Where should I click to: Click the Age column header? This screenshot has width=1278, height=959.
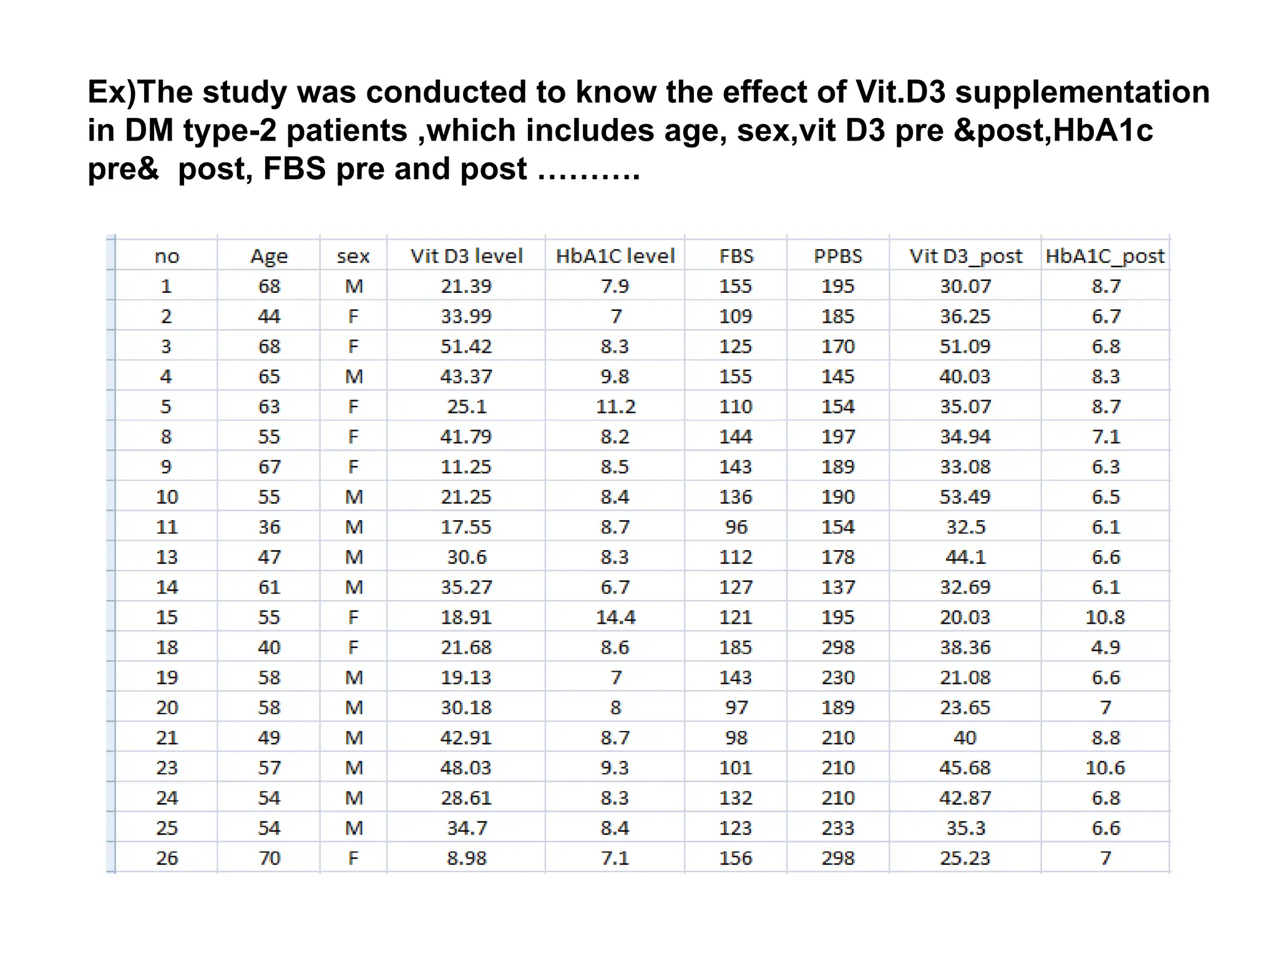pos(269,256)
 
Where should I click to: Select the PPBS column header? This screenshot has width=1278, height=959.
pos(838,256)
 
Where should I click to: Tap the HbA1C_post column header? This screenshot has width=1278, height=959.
pos(1105,256)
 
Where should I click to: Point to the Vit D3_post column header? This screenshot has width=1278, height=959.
pos(965,256)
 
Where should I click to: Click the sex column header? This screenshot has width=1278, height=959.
pos(353,256)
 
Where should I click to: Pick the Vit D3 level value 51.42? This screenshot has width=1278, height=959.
pos(466,347)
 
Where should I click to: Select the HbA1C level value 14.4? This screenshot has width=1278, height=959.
pos(615,617)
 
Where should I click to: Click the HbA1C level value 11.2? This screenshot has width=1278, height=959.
pos(615,406)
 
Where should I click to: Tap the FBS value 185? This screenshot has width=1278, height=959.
pos(736,647)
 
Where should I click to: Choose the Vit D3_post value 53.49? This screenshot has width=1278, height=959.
pos(965,497)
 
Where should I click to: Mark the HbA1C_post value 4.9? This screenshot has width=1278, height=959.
pos(1105,647)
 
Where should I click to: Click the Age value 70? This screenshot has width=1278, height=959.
pos(269,858)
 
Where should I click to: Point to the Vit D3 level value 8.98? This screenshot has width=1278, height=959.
pos(466,858)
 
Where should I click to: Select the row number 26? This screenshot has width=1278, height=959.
pos(167,858)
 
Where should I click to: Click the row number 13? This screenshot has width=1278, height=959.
pos(167,557)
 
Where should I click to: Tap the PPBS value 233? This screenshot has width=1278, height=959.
pos(838,828)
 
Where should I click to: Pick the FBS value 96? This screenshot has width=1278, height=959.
pos(736,527)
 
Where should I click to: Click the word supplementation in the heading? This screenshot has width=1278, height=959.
pos(1082,92)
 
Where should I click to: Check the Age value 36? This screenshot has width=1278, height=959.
pos(269,527)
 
